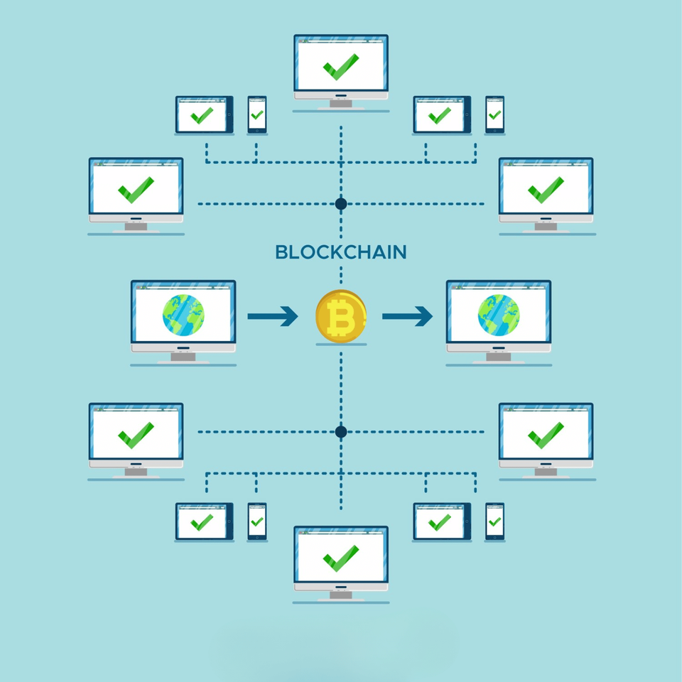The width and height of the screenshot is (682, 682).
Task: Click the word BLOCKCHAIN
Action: coord(340,252)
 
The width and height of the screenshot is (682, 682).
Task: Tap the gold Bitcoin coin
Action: coord(341,316)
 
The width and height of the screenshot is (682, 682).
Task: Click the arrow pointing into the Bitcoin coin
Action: coord(273,315)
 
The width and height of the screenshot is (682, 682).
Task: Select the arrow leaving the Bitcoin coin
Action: coord(407,315)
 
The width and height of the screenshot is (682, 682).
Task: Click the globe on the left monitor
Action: coord(183,315)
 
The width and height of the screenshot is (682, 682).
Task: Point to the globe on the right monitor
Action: coord(498,315)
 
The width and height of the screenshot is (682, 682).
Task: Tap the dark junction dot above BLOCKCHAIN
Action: coord(341,204)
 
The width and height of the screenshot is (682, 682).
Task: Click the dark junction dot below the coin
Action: coord(341,431)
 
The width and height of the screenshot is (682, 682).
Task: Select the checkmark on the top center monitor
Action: coord(341,67)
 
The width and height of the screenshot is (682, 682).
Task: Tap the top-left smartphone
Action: coord(257,114)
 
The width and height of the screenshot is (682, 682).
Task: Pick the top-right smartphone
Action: coord(494,114)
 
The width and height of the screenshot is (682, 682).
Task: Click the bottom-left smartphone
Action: coord(257,521)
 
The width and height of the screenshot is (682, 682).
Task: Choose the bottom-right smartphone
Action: coord(494,521)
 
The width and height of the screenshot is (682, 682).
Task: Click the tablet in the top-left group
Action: coord(204,115)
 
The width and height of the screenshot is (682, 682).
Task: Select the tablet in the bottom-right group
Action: coord(441,522)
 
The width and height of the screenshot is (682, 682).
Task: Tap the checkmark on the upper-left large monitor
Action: coord(136,190)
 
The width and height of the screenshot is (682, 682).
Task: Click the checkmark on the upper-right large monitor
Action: coord(546,190)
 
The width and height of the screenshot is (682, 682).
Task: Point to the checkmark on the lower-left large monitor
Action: coord(136,435)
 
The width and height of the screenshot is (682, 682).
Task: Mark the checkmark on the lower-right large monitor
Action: coord(546,435)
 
